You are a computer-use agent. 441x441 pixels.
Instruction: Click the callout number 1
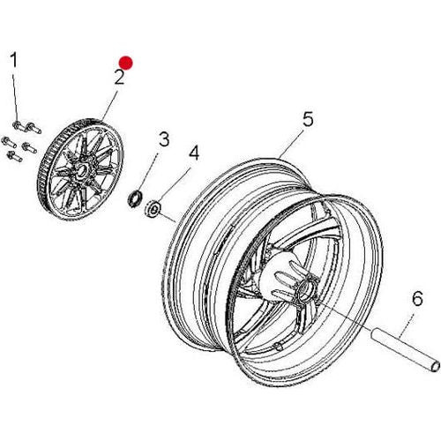click(14, 60)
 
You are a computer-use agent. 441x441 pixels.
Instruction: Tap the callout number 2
click(120, 77)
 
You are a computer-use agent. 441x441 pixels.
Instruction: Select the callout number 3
click(164, 139)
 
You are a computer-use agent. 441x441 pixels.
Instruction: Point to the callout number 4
click(194, 153)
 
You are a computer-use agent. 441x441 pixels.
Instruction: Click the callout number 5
click(308, 119)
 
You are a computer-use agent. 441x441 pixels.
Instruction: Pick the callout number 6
click(417, 299)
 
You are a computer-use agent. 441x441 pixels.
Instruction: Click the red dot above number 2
click(126, 63)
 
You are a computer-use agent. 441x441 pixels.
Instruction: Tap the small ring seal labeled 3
click(135, 198)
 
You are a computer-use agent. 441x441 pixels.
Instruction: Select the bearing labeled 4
click(153, 208)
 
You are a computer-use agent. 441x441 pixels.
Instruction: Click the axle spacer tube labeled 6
click(405, 351)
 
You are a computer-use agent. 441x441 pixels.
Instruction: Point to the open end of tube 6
click(435, 367)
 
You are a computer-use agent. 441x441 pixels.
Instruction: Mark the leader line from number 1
click(15, 99)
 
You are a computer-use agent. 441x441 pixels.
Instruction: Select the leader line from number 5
click(291, 144)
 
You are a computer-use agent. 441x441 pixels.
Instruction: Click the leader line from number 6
click(407, 325)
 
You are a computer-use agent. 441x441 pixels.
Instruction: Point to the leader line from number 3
click(147, 172)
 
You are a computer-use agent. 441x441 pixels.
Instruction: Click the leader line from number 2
click(109, 106)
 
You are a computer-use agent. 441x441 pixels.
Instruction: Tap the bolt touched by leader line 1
click(19, 127)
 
